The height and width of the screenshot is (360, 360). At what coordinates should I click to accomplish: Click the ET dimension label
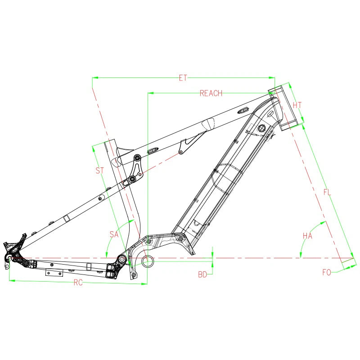click(183, 78)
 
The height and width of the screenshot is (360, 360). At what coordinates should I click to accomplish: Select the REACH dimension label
click(211, 93)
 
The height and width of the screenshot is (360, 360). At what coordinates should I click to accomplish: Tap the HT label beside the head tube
click(297, 105)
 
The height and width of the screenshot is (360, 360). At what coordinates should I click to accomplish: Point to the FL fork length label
click(327, 192)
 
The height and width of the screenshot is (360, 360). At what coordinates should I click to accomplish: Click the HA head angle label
click(307, 236)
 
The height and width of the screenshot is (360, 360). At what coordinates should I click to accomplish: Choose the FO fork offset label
click(327, 272)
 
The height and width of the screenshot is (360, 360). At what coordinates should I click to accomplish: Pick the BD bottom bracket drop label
click(202, 274)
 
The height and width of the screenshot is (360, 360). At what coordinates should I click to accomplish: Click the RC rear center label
click(78, 283)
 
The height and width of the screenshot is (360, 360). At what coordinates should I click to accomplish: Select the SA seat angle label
click(114, 234)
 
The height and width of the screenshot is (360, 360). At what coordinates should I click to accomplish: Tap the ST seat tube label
click(99, 171)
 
